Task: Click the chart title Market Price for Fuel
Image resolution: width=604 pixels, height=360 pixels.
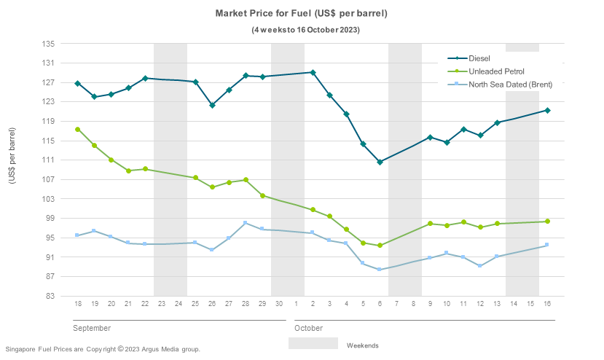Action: (x=301, y=14)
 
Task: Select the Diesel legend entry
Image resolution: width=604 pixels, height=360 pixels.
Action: (x=479, y=58)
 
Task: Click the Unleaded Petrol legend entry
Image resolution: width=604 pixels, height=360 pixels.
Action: (x=496, y=71)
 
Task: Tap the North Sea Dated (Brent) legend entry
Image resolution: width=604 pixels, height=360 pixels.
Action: (x=510, y=85)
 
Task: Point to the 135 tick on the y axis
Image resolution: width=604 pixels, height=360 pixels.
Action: (x=49, y=44)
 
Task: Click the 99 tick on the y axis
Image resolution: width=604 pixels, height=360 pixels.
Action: (x=51, y=219)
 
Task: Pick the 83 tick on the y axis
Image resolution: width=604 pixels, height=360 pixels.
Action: (x=51, y=296)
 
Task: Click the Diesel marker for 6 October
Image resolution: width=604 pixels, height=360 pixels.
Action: (x=380, y=162)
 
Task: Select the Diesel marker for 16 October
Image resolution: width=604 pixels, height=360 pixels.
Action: (x=547, y=110)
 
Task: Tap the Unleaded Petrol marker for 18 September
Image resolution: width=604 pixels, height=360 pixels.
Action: (x=77, y=129)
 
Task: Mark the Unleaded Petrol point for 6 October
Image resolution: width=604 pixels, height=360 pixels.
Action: (x=380, y=246)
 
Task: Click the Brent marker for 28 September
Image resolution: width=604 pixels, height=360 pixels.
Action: (x=246, y=222)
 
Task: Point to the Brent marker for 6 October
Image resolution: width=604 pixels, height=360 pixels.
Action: (x=380, y=270)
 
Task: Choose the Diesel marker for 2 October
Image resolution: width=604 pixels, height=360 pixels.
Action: (x=313, y=72)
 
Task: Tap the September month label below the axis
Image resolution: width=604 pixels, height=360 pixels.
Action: (x=92, y=328)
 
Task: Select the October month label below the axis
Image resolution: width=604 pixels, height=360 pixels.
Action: (x=309, y=328)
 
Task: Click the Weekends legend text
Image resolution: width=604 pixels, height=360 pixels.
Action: (x=362, y=345)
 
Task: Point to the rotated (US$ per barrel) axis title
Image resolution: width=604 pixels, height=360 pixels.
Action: (x=12, y=165)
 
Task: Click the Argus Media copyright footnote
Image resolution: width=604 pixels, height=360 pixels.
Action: (x=102, y=349)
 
